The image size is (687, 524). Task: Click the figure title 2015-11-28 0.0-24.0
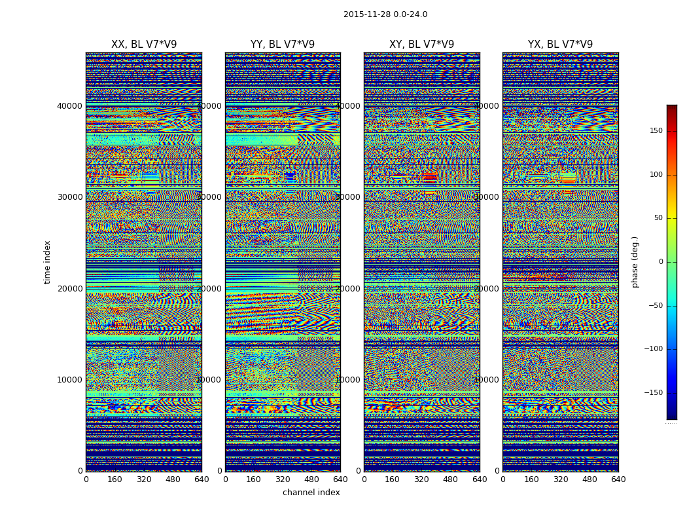point(385,14)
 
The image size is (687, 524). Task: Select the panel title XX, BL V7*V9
point(144,45)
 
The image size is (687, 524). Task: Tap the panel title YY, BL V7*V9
point(283,45)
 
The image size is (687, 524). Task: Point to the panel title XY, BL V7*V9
point(421,45)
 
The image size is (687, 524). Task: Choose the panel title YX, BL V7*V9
point(560,45)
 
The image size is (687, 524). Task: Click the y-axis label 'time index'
point(47,261)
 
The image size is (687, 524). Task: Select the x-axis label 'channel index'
point(311,493)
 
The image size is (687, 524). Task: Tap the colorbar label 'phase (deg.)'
point(635,262)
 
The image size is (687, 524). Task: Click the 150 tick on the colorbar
point(655,131)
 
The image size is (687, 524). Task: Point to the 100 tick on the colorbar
point(655,175)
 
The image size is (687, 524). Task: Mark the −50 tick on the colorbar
point(655,305)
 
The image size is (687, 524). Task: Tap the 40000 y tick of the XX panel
point(70,105)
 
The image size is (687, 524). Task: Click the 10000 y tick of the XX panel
point(70,380)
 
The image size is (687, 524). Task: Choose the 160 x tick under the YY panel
point(254,479)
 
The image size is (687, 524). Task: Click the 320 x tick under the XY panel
point(421,479)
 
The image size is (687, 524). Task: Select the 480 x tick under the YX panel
point(590,479)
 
